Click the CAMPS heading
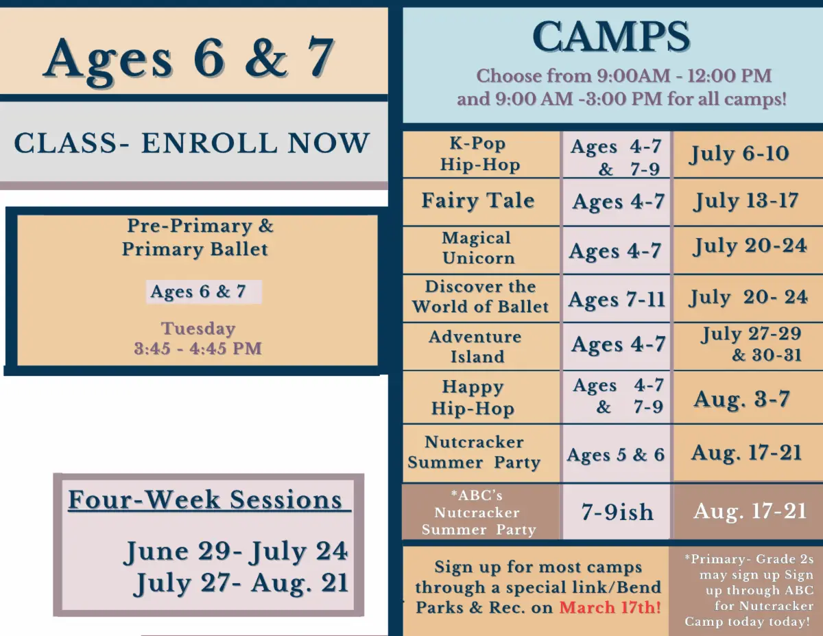tap(610, 37)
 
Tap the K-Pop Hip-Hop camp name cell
tap(480, 154)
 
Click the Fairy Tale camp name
tap(478, 201)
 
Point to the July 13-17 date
tap(746, 201)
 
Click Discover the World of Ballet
tap(480, 296)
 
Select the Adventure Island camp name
tap(476, 346)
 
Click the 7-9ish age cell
tap(617, 512)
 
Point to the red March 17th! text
tap(610, 608)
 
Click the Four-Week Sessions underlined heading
tap(209, 500)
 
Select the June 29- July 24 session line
tap(235, 552)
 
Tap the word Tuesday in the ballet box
tap(198, 329)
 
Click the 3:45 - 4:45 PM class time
tap(198, 349)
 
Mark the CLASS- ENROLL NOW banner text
tap(191, 143)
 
